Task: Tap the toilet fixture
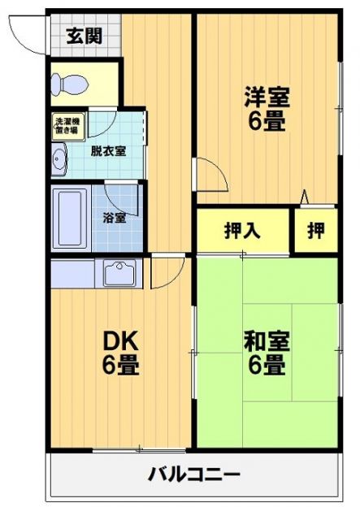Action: point(65,84)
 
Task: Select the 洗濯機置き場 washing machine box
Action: point(67,126)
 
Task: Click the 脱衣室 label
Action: point(107,150)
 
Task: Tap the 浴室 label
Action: point(115,218)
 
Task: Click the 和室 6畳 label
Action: point(267,353)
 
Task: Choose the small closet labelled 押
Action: point(315,231)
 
